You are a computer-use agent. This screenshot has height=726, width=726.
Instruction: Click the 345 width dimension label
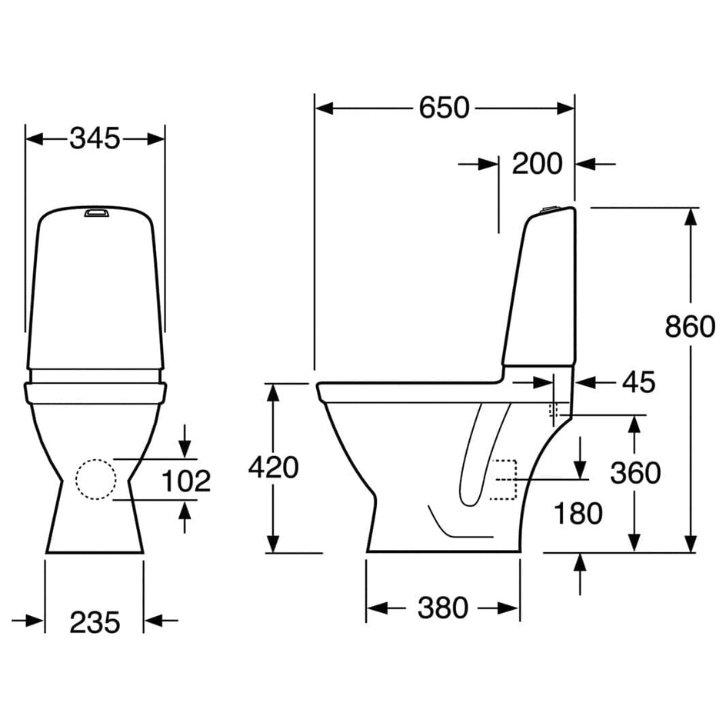tap(95, 138)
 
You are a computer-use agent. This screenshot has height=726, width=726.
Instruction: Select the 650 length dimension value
tap(444, 108)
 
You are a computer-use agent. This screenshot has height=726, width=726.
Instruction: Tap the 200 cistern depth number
tap(537, 164)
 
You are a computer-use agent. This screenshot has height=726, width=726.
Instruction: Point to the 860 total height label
tap(690, 326)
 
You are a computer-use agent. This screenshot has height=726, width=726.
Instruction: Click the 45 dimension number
tap(638, 382)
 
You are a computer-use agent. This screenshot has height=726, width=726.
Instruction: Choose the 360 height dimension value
tap(635, 473)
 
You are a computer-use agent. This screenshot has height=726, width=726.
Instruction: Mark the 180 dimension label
tap(578, 514)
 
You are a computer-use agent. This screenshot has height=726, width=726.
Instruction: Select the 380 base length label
tap(443, 608)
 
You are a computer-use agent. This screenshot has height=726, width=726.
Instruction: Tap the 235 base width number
tap(95, 622)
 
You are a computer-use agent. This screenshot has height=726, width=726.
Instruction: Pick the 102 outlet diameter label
tap(186, 481)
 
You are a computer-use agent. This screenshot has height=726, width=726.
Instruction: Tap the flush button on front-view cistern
tap(96, 212)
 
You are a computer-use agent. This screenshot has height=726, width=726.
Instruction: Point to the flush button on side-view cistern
tap(550, 209)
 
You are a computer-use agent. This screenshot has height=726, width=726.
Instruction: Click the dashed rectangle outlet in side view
tap(503, 480)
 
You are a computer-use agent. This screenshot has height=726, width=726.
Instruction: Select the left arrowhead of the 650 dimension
tap(324, 108)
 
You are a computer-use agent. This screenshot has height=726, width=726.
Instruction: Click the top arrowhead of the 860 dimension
tap(691, 217)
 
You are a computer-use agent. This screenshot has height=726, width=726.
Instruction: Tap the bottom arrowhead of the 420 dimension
tap(273, 544)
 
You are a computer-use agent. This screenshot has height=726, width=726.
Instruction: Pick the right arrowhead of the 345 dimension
tap(156, 138)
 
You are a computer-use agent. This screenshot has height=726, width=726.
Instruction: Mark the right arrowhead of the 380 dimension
tap(510, 608)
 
